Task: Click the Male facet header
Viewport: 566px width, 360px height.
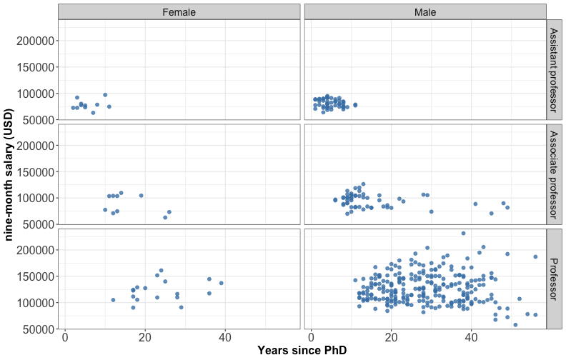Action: pos(425,12)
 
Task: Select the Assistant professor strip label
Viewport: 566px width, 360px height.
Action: pos(555,70)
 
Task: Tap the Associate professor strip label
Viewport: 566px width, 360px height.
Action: pos(555,174)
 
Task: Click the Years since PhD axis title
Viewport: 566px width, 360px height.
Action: pos(305,351)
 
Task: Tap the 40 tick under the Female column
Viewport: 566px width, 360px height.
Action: pos(226,337)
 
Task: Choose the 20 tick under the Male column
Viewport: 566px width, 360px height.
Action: pos(391,337)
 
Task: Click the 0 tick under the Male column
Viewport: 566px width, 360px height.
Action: pos(311,337)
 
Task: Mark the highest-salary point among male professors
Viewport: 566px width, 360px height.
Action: pos(463,233)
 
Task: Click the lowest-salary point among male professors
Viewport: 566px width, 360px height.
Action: pos(515,325)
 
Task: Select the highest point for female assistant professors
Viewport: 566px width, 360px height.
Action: pos(105,94)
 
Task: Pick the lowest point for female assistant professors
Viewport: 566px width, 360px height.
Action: pos(93,113)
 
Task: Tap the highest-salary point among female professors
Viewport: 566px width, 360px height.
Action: pos(162,271)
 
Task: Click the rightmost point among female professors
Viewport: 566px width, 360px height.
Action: pos(222,283)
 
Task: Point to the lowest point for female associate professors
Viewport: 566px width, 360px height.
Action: pos(165,217)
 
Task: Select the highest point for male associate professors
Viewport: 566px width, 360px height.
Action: pos(363,184)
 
